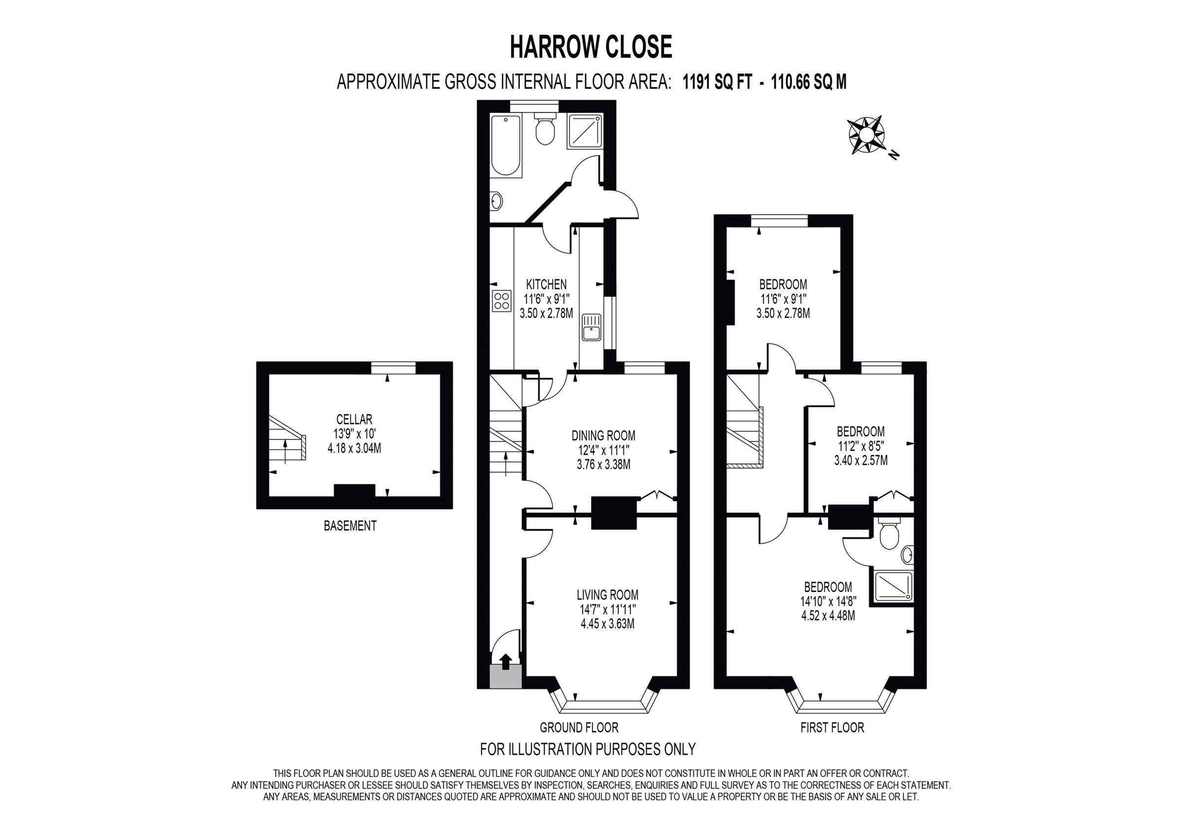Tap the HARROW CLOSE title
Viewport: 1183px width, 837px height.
(x=591, y=47)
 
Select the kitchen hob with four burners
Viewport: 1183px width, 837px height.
(x=501, y=301)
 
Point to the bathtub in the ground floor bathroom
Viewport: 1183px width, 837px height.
(x=505, y=146)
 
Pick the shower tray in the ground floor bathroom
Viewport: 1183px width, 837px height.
(x=584, y=132)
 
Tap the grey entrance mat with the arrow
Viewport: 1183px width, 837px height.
(x=505, y=674)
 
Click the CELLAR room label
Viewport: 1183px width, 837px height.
(x=354, y=420)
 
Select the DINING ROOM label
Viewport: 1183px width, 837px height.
(x=603, y=435)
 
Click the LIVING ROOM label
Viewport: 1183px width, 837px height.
(x=607, y=595)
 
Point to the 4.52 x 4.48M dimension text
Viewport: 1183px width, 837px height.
(x=828, y=616)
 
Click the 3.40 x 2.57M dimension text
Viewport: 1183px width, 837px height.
(x=861, y=461)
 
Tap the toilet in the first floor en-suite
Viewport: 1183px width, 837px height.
(x=889, y=536)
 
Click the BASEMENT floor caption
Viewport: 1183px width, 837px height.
(x=350, y=526)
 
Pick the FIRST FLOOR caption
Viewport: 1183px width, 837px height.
(x=832, y=728)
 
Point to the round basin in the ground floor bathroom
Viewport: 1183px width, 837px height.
(x=496, y=201)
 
